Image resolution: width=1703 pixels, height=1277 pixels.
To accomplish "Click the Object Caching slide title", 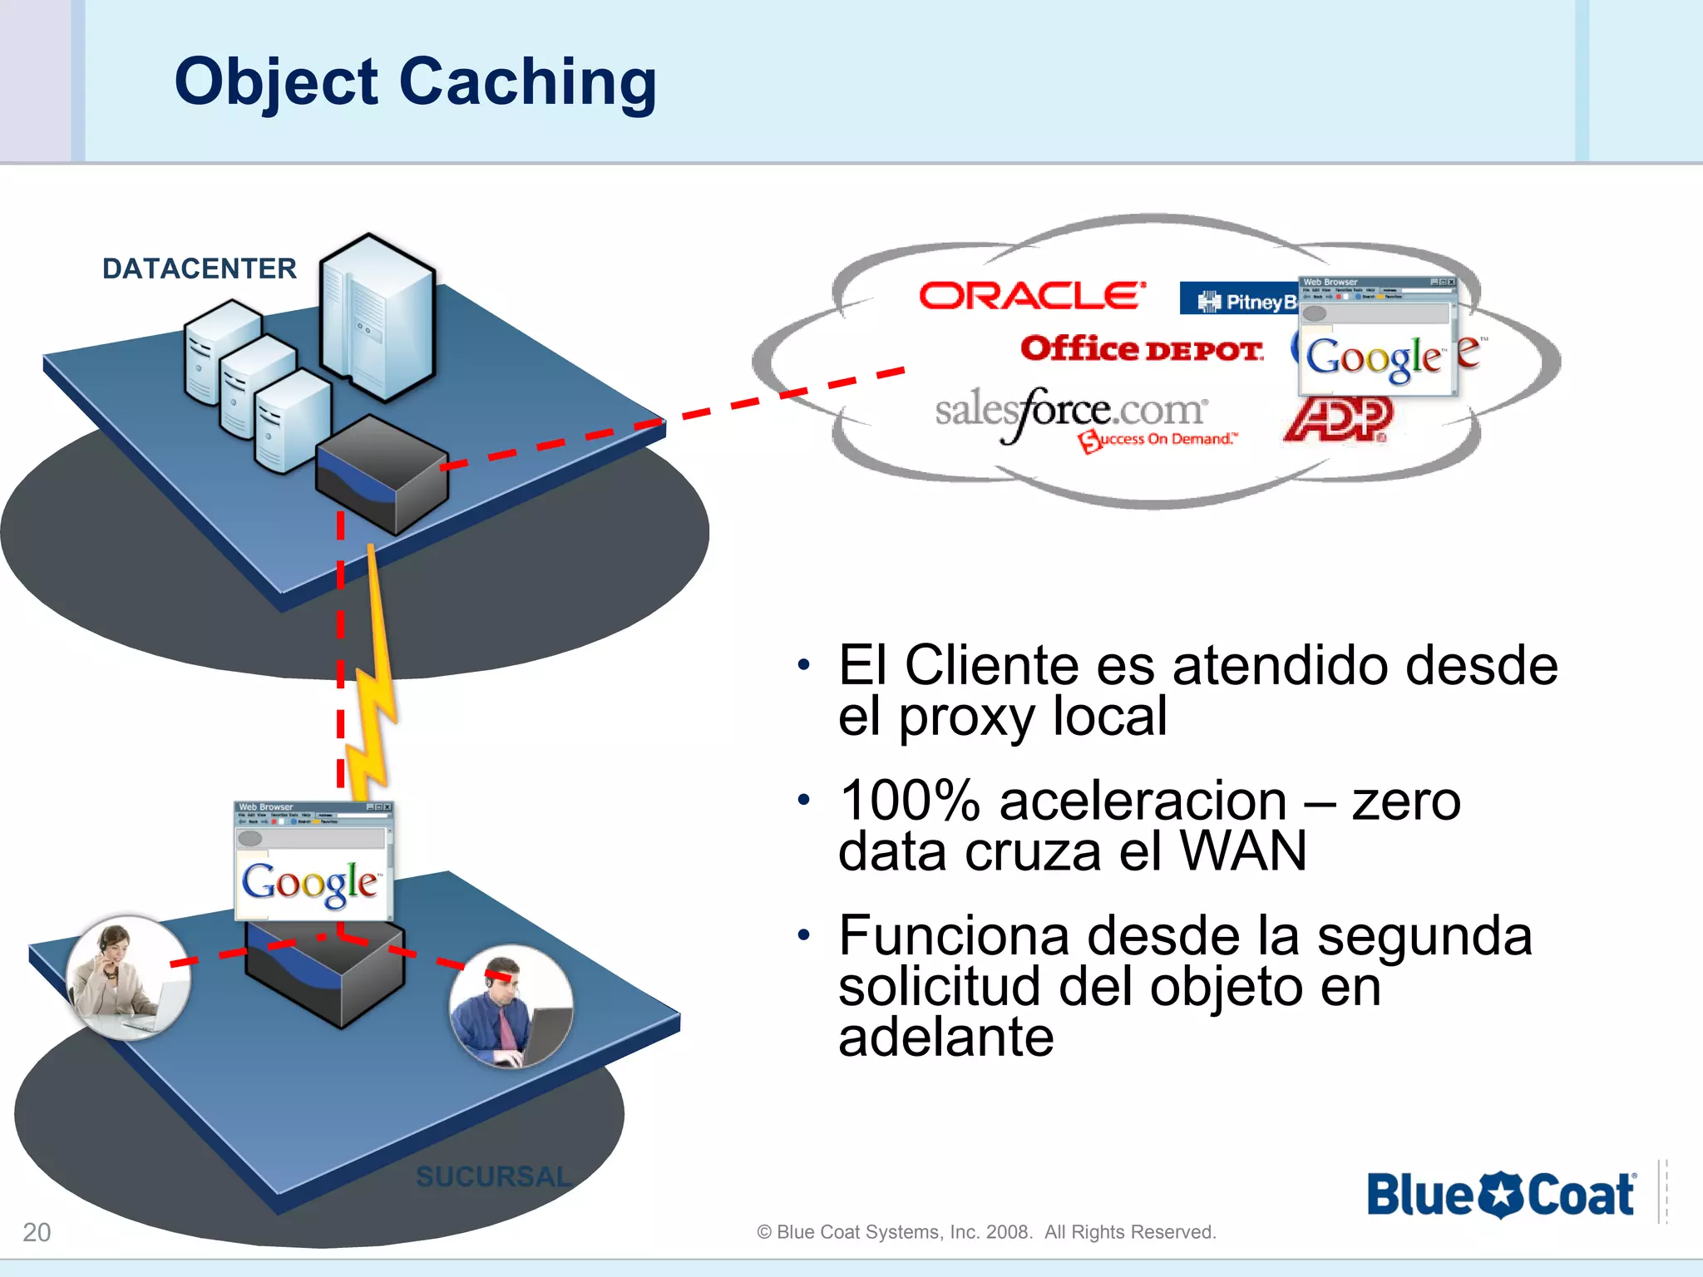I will [415, 82].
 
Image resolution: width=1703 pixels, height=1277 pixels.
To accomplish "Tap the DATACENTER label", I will [199, 269].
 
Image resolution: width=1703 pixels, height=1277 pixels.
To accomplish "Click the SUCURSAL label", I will [493, 1176].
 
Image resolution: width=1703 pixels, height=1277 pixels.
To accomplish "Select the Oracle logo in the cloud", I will [1032, 296].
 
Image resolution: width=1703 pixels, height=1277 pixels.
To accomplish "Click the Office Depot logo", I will [1142, 349].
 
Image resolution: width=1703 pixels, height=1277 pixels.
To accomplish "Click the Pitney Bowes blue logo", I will [1239, 300].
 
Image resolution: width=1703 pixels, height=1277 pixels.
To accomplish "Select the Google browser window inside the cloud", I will [1377, 337].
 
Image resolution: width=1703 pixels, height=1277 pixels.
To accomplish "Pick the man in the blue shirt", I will [511, 1007].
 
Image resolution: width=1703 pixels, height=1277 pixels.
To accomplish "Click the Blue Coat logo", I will [1501, 1195].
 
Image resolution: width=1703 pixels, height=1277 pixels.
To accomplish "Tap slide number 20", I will [37, 1231].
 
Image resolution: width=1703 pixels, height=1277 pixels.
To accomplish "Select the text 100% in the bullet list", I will [910, 801].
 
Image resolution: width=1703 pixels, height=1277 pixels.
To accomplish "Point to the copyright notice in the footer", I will [986, 1232].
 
